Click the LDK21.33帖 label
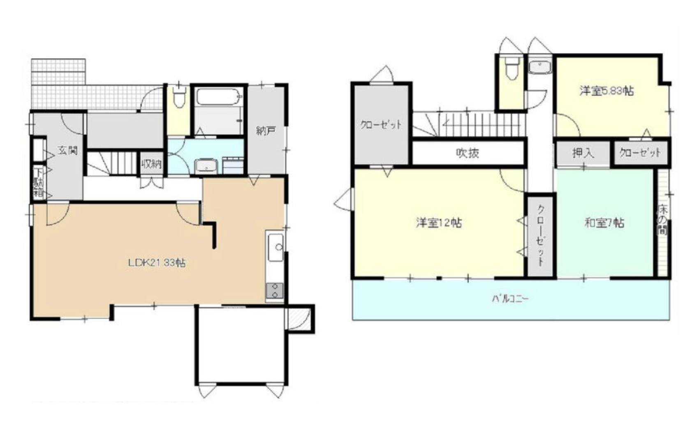(x=157, y=263)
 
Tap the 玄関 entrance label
(x=67, y=151)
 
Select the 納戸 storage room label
(x=266, y=131)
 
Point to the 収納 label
(x=151, y=163)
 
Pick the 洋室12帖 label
(x=439, y=223)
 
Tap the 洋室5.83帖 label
(x=606, y=91)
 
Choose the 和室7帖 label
(x=604, y=223)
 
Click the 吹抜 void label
(x=468, y=153)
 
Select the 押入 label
(x=583, y=153)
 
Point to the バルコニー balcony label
(x=511, y=299)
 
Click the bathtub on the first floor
(x=219, y=97)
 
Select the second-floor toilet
(x=512, y=68)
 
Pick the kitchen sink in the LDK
(x=275, y=248)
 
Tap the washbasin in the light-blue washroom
(x=206, y=166)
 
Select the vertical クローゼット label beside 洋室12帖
(x=540, y=235)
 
